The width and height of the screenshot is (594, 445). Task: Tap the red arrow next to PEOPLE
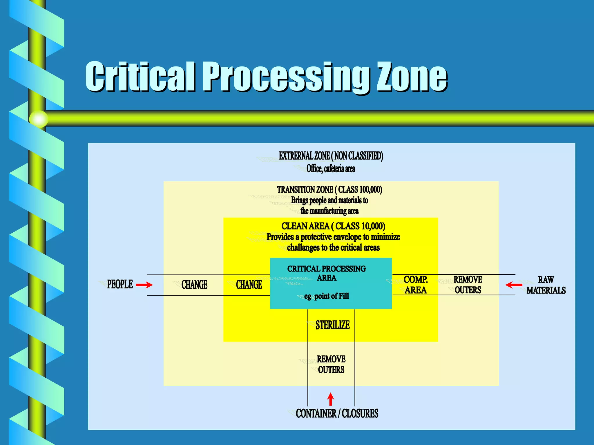(144, 285)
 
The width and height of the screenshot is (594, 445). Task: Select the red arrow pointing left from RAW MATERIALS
(514, 285)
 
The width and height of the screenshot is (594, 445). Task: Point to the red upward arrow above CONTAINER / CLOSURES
(330, 399)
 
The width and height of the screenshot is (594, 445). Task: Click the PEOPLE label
(120, 284)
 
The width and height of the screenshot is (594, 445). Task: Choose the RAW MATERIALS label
(546, 285)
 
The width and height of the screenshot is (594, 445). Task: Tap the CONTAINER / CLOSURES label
(337, 413)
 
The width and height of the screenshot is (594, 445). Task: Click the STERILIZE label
(333, 325)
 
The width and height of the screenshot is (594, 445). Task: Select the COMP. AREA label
(416, 285)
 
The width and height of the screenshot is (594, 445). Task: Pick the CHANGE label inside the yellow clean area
(249, 285)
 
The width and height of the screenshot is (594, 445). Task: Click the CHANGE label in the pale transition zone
(194, 285)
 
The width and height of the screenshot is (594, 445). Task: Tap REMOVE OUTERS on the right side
(468, 285)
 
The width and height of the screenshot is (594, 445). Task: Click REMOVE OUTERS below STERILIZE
(331, 364)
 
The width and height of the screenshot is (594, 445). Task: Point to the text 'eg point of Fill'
(327, 296)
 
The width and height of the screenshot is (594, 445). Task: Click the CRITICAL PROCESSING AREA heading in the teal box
(327, 273)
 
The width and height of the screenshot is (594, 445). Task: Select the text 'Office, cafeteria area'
(331, 169)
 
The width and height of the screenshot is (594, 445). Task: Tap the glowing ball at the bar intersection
(39, 119)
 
